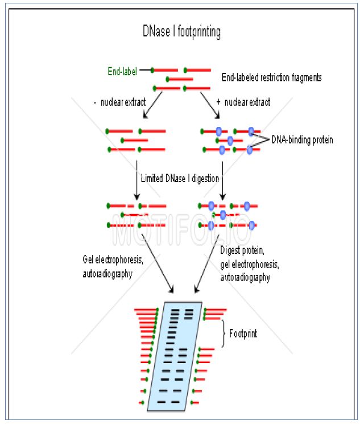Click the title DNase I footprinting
(x=181, y=32)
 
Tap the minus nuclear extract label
(x=119, y=102)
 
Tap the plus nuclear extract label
(x=243, y=102)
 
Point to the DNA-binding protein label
(x=302, y=139)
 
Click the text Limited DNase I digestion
(x=180, y=179)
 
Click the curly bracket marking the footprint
(x=223, y=333)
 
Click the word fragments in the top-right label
(x=303, y=76)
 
